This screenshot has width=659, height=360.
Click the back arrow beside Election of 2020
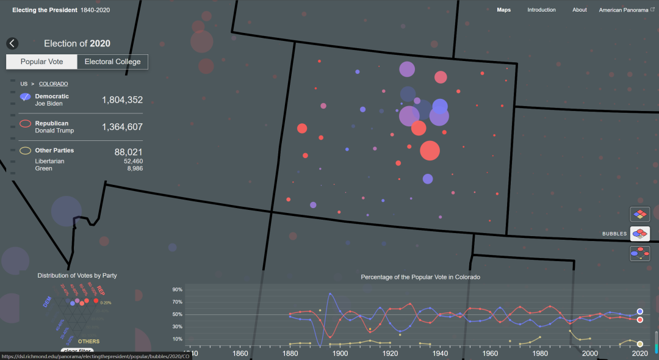pyautogui.click(x=13, y=43)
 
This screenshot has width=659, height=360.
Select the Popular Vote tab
pyautogui.click(x=41, y=62)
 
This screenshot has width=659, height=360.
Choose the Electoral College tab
pyautogui.click(x=112, y=62)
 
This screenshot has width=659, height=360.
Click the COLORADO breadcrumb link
pyautogui.click(x=53, y=84)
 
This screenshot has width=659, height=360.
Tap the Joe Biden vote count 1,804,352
pyautogui.click(x=122, y=100)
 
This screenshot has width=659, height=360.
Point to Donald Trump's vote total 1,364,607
pyautogui.click(x=122, y=127)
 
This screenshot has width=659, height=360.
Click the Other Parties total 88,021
pyautogui.click(x=128, y=152)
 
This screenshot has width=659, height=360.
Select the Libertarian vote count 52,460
pyautogui.click(x=132, y=161)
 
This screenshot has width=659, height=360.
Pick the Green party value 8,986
pyautogui.click(x=134, y=168)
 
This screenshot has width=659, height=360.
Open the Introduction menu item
pyautogui.click(x=541, y=10)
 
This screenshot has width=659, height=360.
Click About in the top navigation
pyautogui.click(x=579, y=10)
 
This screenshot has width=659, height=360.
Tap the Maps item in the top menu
pyautogui.click(x=503, y=10)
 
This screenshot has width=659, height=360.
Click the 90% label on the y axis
pyautogui.click(x=178, y=289)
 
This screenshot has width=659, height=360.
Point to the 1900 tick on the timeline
pyautogui.click(x=340, y=353)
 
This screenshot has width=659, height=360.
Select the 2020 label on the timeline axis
pyautogui.click(x=639, y=353)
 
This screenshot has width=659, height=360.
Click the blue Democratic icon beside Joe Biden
pyautogui.click(x=25, y=96)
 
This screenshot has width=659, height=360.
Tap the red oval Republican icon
pyautogui.click(x=25, y=123)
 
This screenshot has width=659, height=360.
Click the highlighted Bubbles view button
pyautogui.click(x=639, y=233)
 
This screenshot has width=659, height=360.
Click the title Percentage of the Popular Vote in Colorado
pyautogui.click(x=420, y=277)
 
